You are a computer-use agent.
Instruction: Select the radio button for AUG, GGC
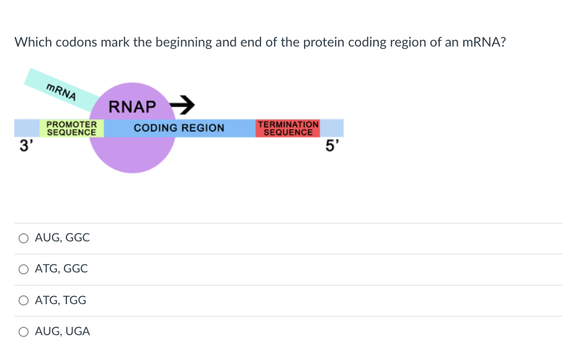tap(24, 238)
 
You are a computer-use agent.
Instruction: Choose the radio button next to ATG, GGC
tap(24, 269)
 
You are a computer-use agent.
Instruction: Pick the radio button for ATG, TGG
tap(24, 300)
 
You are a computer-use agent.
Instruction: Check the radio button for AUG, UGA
tap(24, 331)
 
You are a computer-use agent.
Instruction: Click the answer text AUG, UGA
tap(62, 331)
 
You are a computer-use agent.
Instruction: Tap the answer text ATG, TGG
tap(60, 300)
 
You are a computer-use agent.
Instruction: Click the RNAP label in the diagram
tap(132, 107)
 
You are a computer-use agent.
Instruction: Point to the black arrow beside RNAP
tap(183, 104)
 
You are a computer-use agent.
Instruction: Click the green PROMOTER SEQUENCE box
tap(71, 128)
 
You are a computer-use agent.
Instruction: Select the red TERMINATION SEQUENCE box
tap(288, 128)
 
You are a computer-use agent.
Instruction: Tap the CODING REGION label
tap(179, 128)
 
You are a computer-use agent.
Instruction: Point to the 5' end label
tap(332, 147)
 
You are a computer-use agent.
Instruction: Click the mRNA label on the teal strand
tap(61, 91)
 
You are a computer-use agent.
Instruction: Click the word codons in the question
tap(76, 42)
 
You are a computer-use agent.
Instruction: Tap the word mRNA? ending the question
tap(484, 42)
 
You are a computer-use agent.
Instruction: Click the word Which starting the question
tap(33, 42)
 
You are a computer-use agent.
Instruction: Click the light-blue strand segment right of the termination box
tap(332, 128)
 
